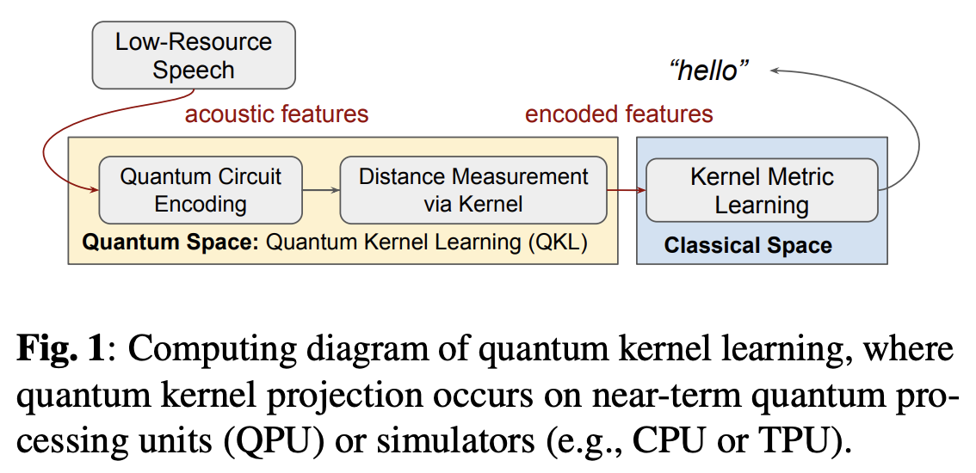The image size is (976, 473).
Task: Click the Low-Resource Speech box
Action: click(194, 55)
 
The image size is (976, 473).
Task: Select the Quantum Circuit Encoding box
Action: click(201, 190)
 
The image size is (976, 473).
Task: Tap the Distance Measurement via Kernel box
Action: click(473, 190)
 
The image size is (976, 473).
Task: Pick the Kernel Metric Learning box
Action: click(762, 190)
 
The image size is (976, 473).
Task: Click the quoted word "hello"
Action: click(709, 71)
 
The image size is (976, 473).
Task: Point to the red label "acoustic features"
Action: click(276, 114)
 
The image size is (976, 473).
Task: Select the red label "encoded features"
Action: click(619, 114)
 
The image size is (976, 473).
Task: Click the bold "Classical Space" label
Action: click(747, 246)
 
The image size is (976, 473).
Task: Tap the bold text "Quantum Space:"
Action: click(170, 243)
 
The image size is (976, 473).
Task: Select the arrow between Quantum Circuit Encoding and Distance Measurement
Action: click(322, 191)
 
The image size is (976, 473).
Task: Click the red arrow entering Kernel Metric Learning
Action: click(627, 191)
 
